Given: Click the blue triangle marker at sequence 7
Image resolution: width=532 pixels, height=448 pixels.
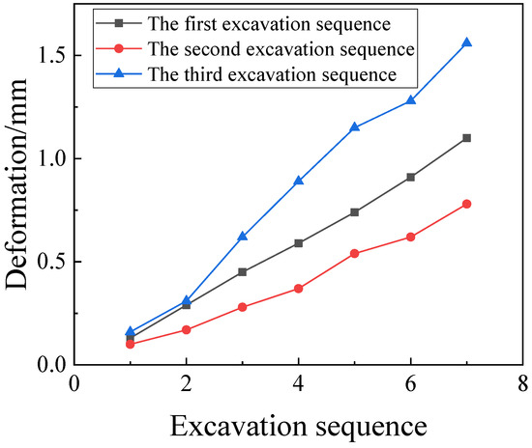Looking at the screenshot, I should tap(467, 42).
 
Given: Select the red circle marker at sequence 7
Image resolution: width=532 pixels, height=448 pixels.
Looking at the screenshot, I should tap(467, 204).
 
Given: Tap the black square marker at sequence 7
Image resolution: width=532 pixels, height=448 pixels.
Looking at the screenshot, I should tap(467, 138).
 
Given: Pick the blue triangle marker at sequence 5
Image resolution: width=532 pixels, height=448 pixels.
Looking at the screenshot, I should tap(355, 126).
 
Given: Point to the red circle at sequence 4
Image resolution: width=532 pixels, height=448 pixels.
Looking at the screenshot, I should tap(299, 289).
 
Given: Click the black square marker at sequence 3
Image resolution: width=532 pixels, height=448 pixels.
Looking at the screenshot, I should tap(243, 272).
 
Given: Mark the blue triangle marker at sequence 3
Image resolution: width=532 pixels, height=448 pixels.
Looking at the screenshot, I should tap(243, 237).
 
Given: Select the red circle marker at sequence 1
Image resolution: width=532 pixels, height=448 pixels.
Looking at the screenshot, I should tap(131, 344).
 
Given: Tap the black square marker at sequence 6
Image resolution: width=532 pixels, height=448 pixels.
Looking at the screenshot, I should tap(411, 177).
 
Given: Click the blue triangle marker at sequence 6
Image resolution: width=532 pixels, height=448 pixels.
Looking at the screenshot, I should tap(411, 100).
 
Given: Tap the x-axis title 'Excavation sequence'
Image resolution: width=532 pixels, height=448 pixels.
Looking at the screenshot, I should tap(299, 426).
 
